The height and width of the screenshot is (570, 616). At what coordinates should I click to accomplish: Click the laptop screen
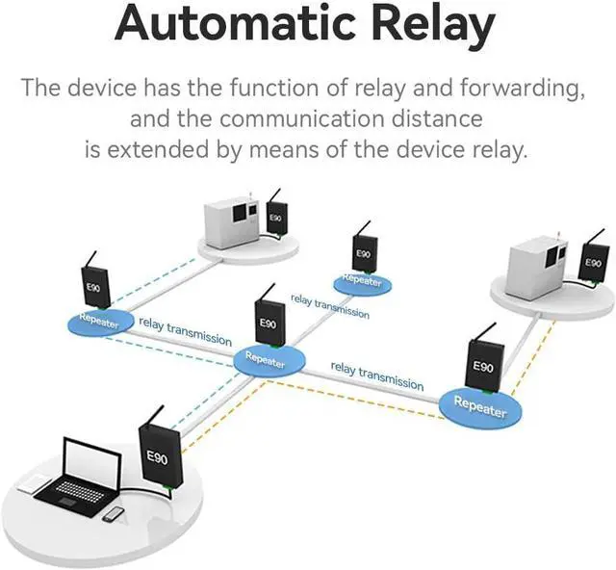point(92,459)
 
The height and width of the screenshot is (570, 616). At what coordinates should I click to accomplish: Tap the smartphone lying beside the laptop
point(113,514)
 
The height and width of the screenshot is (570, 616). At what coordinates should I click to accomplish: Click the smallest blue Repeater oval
point(362,282)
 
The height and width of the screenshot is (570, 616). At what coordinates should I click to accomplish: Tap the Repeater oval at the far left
point(100,322)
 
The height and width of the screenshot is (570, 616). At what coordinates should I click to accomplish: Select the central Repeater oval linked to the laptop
point(269,359)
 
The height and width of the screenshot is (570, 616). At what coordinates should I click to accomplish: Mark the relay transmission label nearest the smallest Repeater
point(329,306)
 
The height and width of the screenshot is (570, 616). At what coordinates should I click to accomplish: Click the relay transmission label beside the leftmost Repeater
point(185,331)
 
